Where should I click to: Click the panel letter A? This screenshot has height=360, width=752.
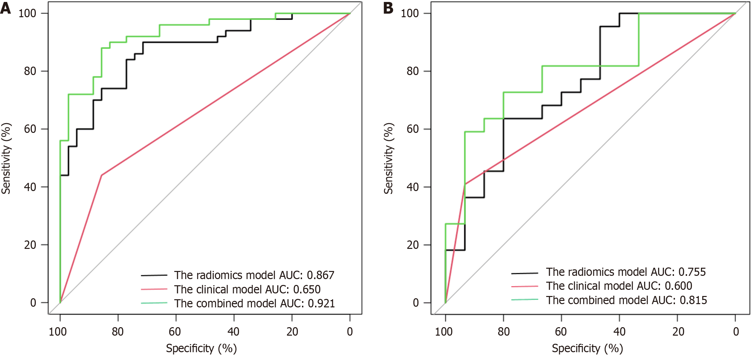click(6, 8)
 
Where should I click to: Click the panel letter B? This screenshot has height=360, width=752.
click(388, 8)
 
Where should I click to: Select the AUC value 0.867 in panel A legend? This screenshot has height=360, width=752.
click(321, 275)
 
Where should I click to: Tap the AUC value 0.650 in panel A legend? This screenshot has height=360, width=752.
click(307, 289)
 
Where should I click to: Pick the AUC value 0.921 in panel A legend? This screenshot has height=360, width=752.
click(321, 303)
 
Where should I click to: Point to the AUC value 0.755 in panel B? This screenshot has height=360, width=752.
click(692, 272)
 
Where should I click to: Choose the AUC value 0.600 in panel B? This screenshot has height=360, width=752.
click(679, 286)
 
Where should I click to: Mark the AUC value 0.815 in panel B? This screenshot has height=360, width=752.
click(693, 300)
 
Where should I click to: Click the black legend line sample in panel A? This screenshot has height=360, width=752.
click(154, 276)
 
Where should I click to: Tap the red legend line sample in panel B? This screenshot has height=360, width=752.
click(524, 286)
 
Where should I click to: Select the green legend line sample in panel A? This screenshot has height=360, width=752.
click(154, 303)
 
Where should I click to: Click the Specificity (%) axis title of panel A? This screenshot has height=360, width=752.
click(201, 348)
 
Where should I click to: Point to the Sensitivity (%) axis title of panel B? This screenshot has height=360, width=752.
click(389, 158)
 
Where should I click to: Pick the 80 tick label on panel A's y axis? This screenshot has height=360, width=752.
click(30, 71)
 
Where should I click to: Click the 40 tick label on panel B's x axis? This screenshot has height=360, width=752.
click(619, 332)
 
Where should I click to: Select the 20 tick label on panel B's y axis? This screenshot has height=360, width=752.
click(413, 245)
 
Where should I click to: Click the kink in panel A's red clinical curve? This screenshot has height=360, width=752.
click(101, 175)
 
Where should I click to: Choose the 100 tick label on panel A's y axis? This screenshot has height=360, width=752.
click(27, 13)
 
